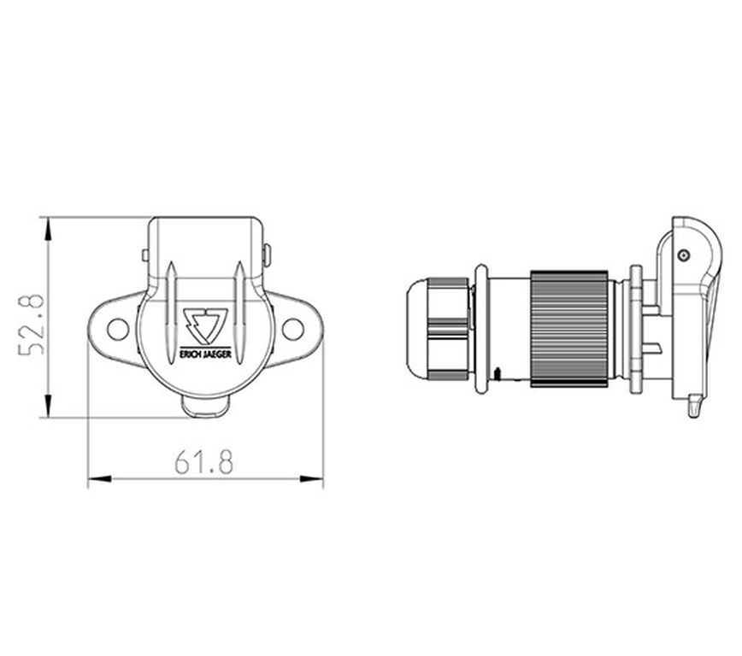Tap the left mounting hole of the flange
118,329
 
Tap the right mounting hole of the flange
292,329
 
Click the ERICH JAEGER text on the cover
206,354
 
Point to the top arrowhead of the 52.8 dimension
48,231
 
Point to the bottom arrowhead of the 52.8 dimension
48,405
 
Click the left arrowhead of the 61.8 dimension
100,478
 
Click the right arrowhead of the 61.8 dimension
311,478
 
